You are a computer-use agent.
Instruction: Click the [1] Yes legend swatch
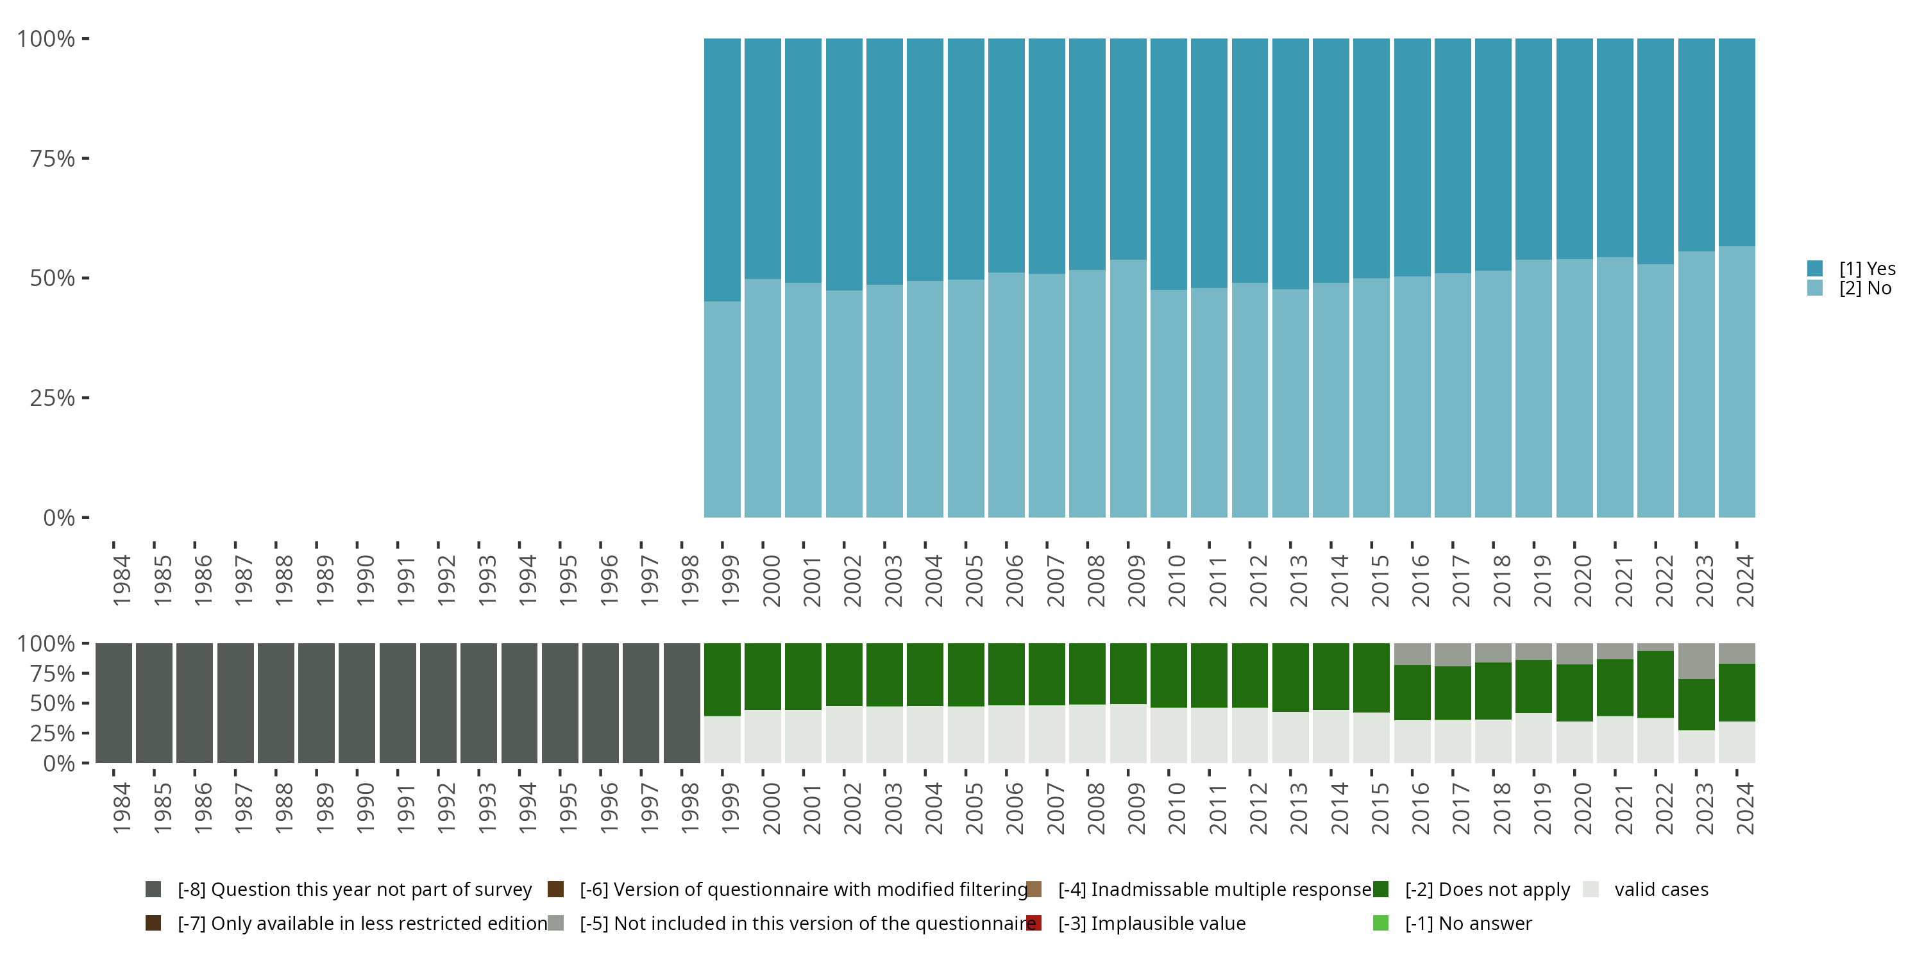point(1815,268)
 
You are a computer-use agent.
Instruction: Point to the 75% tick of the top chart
point(53,158)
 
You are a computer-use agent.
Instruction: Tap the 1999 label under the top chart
point(730,580)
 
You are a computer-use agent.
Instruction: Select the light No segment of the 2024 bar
point(1737,381)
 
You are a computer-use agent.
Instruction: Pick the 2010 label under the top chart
point(1176,580)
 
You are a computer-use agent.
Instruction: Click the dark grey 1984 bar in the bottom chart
point(114,703)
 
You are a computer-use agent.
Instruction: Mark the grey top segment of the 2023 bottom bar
point(1696,661)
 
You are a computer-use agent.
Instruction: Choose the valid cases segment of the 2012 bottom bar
point(1249,735)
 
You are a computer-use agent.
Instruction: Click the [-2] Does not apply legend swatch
point(1381,890)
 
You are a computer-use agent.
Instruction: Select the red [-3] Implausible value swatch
point(1034,923)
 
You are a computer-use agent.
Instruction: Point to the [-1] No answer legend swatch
point(1381,923)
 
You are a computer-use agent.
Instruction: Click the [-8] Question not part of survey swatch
point(154,890)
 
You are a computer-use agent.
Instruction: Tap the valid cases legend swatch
point(1591,890)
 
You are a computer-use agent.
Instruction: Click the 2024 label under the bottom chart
point(1744,809)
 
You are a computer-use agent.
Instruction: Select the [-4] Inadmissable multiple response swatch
point(1034,890)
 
